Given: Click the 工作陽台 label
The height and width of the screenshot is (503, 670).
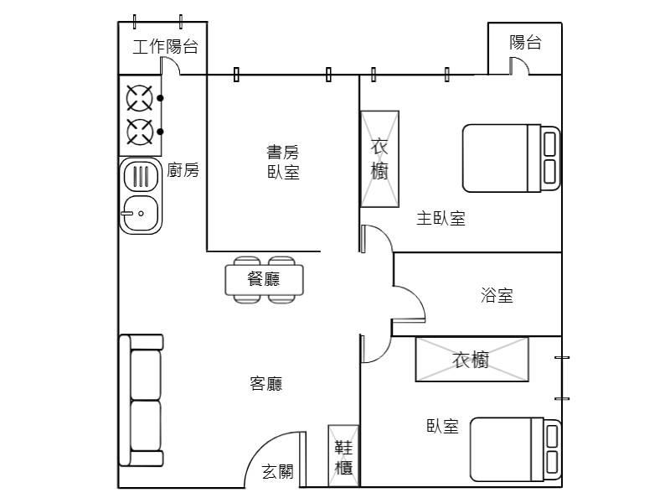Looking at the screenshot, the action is pyautogui.click(x=165, y=46).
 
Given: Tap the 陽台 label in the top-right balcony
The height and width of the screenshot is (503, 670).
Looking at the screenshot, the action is pyautogui.click(x=525, y=43).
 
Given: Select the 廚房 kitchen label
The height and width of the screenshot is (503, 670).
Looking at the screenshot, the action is pyautogui.click(x=183, y=170).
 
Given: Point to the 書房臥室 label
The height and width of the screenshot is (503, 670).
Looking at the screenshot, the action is pyautogui.click(x=283, y=162).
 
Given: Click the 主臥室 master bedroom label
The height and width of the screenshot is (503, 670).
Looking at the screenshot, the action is pyautogui.click(x=441, y=218).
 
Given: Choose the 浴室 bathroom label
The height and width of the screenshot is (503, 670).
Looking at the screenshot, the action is pyautogui.click(x=497, y=295).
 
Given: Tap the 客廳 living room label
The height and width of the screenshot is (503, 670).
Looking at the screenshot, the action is pyautogui.click(x=265, y=384).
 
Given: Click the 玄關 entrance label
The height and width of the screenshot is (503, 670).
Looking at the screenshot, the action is pyautogui.click(x=278, y=472).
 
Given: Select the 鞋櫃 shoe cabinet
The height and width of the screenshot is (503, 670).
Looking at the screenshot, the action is pyautogui.click(x=343, y=456).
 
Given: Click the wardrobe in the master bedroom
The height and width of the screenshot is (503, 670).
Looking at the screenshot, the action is pyautogui.click(x=380, y=159).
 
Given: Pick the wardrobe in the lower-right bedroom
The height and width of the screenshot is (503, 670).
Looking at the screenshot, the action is pyautogui.click(x=472, y=360).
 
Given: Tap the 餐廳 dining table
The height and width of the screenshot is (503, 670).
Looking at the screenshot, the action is pyautogui.click(x=264, y=280).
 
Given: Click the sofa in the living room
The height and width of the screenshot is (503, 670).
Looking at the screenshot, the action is pyautogui.click(x=141, y=401).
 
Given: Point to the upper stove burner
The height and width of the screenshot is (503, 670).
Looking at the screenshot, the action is pyautogui.click(x=140, y=98).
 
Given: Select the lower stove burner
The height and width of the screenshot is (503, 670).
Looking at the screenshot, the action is pyautogui.click(x=140, y=132).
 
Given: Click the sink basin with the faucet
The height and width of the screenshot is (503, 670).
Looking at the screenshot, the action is pyautogui.click(x=141, y=213).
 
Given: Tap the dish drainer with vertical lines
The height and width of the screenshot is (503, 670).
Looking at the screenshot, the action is pyautogui.click(x=141, y=176).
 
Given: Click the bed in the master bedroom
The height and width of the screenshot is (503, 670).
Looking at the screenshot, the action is pyautogui.click(x=511, y=158).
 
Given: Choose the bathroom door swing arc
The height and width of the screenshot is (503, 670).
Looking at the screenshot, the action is pyautogui.click(x=409, y=303).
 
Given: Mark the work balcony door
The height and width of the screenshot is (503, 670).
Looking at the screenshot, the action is pyautogui.click(x=170, y=66).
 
